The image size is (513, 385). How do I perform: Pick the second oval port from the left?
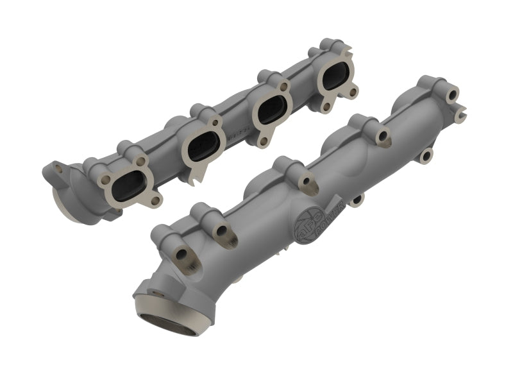[205, 146]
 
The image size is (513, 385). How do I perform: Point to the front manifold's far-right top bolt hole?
[453, 94]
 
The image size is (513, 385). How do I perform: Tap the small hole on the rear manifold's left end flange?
[58, 168]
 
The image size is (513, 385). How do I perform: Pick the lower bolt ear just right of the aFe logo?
[357, 200]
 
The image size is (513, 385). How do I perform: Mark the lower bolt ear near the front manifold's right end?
[425, 154]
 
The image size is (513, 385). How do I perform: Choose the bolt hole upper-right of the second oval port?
[217, 121]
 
